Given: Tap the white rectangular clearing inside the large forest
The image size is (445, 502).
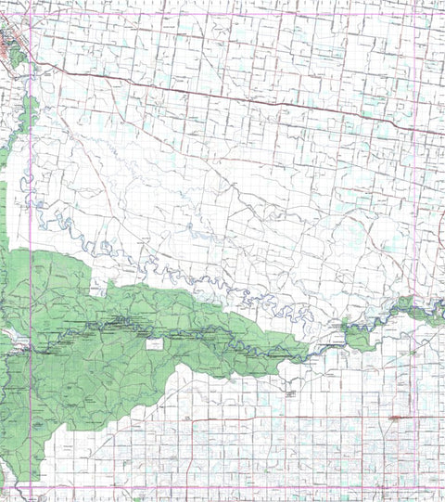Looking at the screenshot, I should click(x=154, y=343).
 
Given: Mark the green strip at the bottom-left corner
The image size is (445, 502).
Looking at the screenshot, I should click(x=7, y=473).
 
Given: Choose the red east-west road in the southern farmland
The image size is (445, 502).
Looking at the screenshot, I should click(x=278, y=418).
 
